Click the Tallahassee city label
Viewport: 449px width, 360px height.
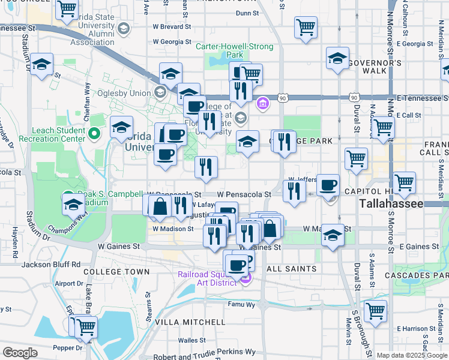point(392,204)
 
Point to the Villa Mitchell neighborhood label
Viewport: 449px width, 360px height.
point(181,322)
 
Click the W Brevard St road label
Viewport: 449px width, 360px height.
point(171,27)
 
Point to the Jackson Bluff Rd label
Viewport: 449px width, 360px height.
point(51,264)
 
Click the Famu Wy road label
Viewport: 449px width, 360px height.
point(241,305)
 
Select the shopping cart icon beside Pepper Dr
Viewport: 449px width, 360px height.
point(86,326)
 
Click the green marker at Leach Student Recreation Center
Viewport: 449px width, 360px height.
point(94,133)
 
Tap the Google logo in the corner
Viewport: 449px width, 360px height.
point(20,353)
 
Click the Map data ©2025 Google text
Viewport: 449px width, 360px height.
point(412,355)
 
